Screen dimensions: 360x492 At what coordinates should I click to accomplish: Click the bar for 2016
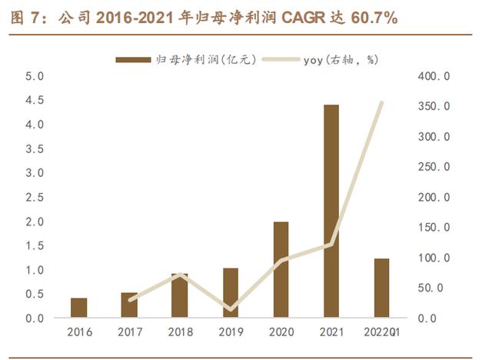tap(79, 308)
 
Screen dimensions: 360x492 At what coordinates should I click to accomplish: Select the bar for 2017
tap(130, 305)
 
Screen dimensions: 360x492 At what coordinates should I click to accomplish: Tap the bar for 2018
tap(180, 295)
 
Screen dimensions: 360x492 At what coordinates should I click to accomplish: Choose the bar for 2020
tap(281, 269)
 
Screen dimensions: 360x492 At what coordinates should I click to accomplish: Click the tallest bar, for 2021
tap(331, 212)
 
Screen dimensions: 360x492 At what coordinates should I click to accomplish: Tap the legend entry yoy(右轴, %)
tap(339, 58)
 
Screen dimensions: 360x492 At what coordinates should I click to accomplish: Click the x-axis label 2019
tap(231, 332)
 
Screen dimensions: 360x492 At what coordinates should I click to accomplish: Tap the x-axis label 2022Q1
tap(381, 332)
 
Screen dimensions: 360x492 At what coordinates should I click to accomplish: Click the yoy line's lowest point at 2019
tap(231, 309)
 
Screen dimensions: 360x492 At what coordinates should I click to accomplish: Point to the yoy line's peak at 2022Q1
tap(381, 102)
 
